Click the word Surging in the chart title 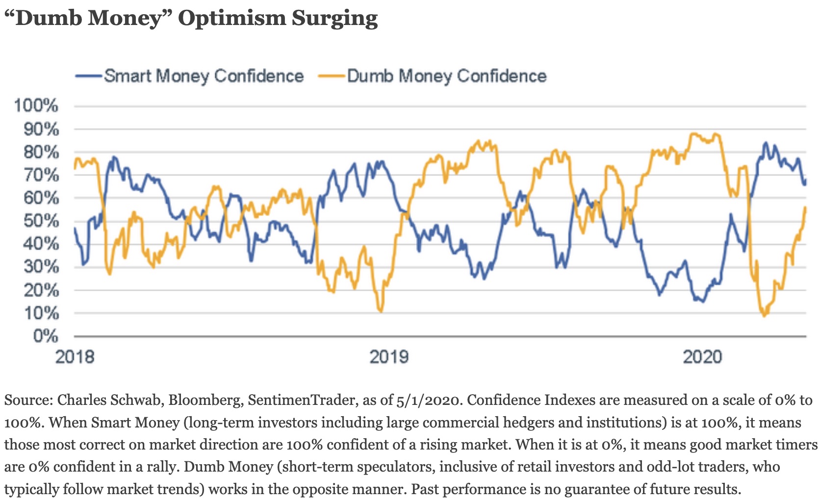[x=334, y=19]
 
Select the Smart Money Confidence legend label [x=204, y=76]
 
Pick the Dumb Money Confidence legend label [x=447, y=76]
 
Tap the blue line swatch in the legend [x=88, y=76]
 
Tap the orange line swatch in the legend [x=332, y=76]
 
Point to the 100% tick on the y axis [x=36, y=105]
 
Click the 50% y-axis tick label [x=41, y=221]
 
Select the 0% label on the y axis [x=46, y=336]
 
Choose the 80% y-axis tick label [x=41, y=151]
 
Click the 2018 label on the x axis [x=75, y=356]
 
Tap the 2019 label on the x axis [x=388, y=356]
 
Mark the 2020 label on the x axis [x=702, y=356]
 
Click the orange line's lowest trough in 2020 [x=764, y=316]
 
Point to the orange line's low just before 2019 [x=381, y=311]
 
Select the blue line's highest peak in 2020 [x=765, y=143]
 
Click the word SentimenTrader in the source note [x=301, y=400]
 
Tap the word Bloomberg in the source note [x=205, y=400]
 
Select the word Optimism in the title [x=231, y=19]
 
